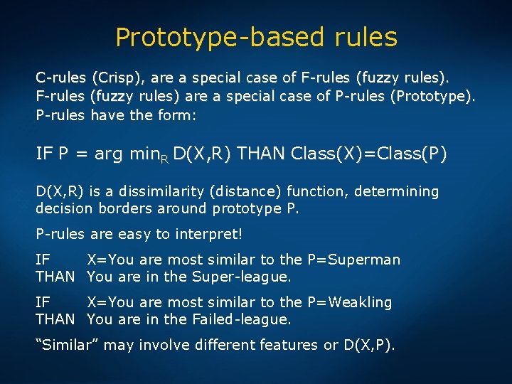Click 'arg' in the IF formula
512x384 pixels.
point(108,154)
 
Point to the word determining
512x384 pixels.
point(400,191)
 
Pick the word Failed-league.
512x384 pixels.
point(242,319)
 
